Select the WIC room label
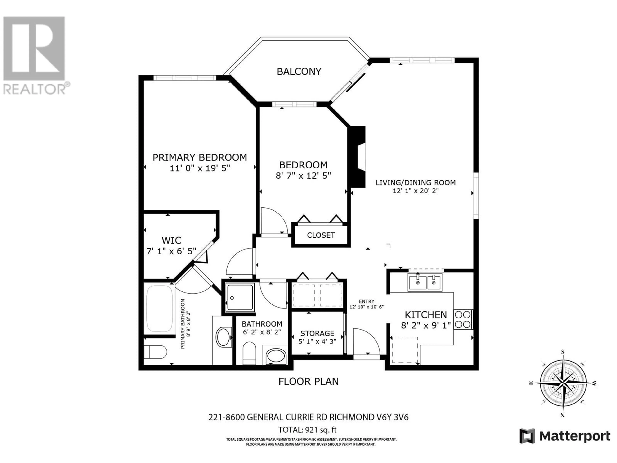pyautogui.click(x=171, y=240)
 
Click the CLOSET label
pyautogui.click(x=321, y=235)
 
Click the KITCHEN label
pyautogui.click(x=426, y=315)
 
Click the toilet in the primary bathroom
pyautogui.click(x=155, y=352)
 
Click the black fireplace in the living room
pyautogui.click(x=357, y=157)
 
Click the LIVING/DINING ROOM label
pyautogui.click(x=416, y=182)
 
